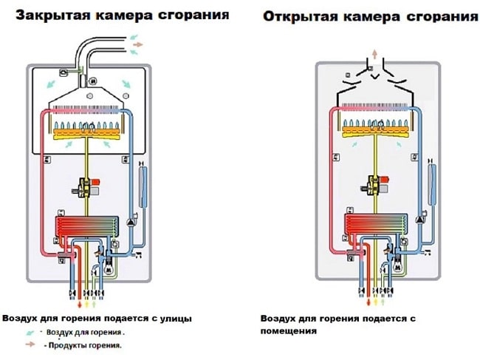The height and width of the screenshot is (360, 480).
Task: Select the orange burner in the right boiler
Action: click(377, 135)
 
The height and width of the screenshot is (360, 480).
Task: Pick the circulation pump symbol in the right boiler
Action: click(419, 220)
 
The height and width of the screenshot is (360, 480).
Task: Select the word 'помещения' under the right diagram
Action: click(289, 331)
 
